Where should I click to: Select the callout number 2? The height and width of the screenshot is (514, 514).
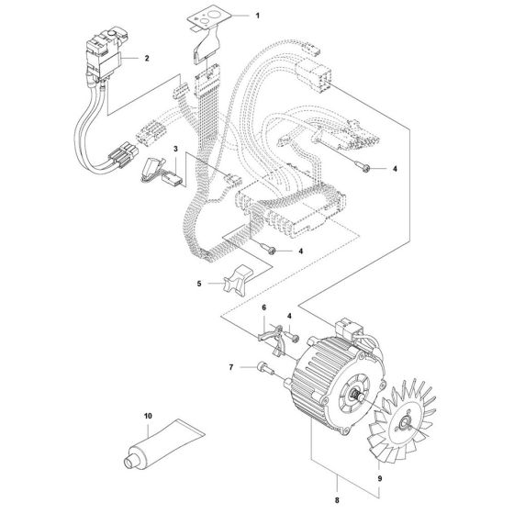pyautogui.click(x=147, y=58)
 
